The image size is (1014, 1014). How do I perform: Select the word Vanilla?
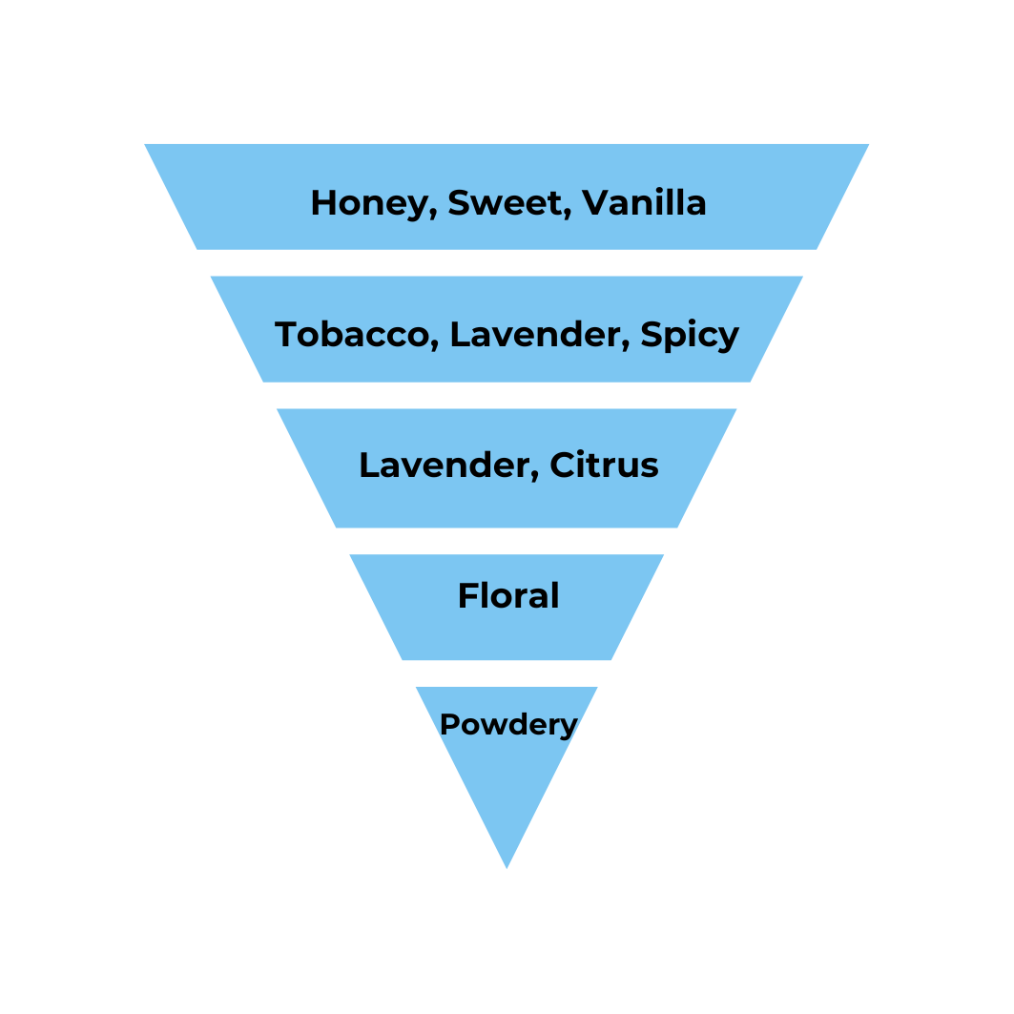click(644, 202)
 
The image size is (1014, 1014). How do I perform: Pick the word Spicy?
click(690, 336)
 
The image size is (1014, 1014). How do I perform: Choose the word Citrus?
click(604, 466)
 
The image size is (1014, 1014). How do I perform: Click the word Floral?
click(508, 596)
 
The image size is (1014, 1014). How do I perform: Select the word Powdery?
click(508, 725)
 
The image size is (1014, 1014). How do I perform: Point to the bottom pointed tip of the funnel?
click(507, 866)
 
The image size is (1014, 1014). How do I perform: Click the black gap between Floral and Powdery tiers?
click(507, 673)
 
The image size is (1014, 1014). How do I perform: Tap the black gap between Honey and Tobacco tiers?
click(507, 262)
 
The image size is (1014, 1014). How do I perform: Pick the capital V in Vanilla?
click(594, 202)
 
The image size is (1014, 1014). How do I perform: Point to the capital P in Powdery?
click(447, 725)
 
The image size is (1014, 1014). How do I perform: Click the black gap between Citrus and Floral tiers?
click(507, 541)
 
